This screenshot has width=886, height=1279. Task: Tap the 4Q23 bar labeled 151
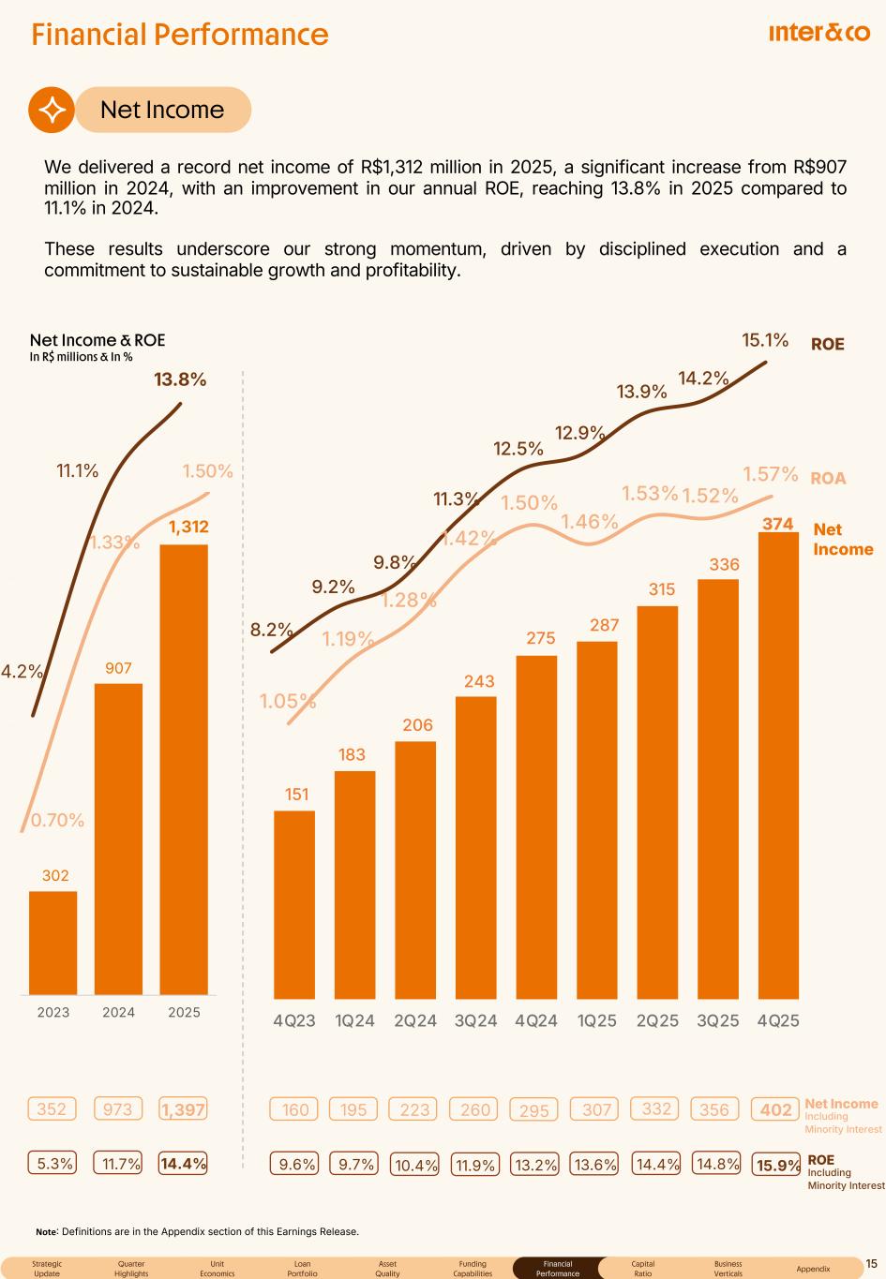click(294, 904)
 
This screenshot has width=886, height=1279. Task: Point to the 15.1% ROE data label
click(765, 339)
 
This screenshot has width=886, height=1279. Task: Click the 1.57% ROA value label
click(770, 474)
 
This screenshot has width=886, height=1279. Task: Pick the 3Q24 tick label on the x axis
click(475, 1020)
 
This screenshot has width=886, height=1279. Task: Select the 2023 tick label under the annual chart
click(53, 1012)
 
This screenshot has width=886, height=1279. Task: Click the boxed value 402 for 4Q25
click(776, 1109)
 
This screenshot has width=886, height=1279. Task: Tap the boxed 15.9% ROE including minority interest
click(778, 1166)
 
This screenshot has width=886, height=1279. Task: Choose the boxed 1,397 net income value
click(184, 1109)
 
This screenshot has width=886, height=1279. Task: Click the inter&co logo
click(818, 34)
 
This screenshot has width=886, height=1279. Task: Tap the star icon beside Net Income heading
click(51, 110)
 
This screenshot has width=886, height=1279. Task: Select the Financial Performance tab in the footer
click(558, 1269)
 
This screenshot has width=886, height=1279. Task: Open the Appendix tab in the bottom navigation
click(813, 1269)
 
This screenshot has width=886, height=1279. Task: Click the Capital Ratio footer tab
click(643, 1269)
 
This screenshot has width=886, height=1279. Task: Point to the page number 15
click(871, 1264)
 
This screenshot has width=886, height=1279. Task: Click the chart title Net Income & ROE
click(98, 340)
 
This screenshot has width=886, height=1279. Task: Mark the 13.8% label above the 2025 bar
click(180, 379)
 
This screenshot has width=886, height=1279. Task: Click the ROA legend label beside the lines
click(828, 478)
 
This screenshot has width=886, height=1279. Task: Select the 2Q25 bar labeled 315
click(657, 801)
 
